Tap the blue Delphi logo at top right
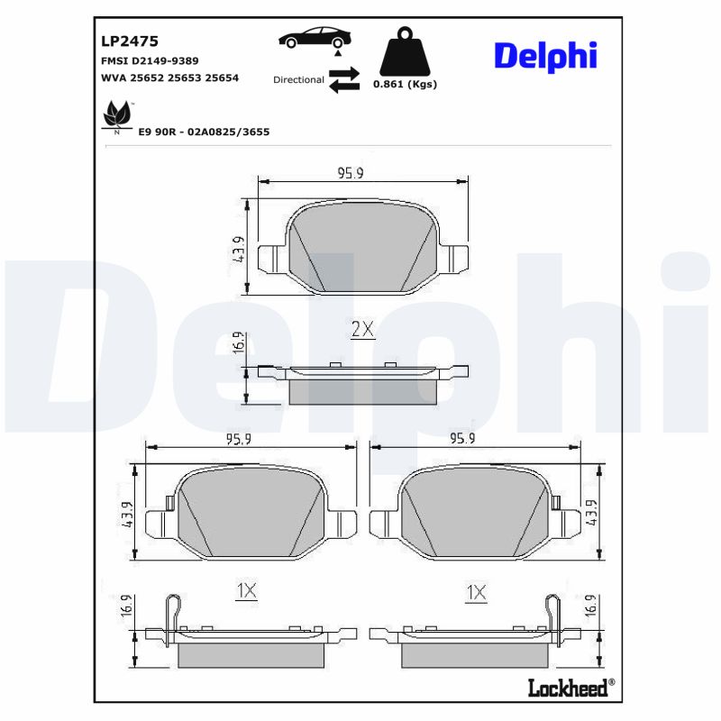544,55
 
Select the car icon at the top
315,39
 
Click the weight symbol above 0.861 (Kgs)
404,51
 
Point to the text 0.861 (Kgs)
405,84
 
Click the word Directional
298,79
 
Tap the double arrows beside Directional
343,79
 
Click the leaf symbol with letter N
116,115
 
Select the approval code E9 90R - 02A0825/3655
204,132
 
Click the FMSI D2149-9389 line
150,60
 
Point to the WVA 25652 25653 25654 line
169,78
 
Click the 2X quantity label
362,330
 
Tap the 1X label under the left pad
246,592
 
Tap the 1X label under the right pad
476,592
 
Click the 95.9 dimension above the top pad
351,173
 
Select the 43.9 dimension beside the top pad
239,248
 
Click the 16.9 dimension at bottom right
590,605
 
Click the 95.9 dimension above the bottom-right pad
462,438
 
